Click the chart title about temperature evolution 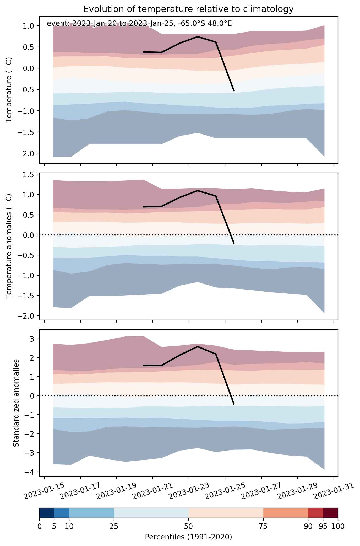[188, 9]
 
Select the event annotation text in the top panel [139, 24]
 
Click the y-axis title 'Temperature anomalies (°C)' [9, 246]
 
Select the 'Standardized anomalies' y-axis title [16, 403]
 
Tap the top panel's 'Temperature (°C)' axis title [9, 90]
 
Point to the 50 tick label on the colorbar [188, 526]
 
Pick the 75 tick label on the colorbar [263, 526]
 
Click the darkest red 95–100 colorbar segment [330, 513]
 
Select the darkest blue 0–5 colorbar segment [47, 513]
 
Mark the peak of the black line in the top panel [198, 37]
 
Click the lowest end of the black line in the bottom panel [234, 404]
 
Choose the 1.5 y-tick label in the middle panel [31, 174]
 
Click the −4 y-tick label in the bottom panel [31, 472]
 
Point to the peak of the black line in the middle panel [198, 190]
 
